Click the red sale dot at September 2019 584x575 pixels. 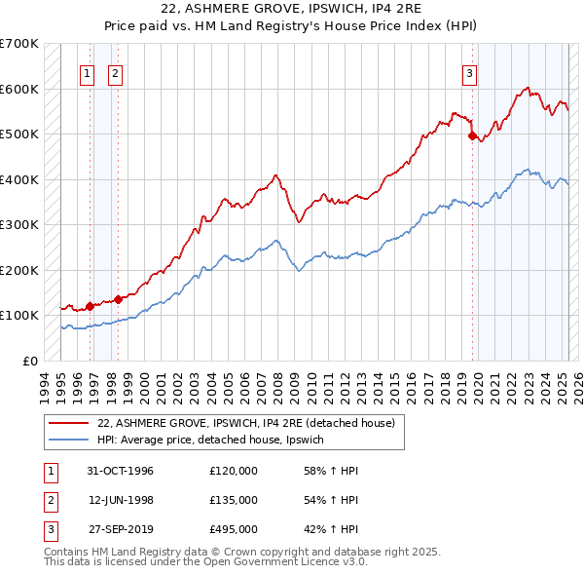pyautogui.click(x=472, y=136)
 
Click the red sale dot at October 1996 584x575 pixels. pyautogui.click(x=90, y=306)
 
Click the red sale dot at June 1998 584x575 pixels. pyautogui.click(x=118, y=299)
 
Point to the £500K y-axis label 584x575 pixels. pyautogui.click(x=18, y=134)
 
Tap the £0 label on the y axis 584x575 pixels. pyautogui.click(x=29, y=361)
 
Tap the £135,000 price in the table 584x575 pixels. pyautogui.click(x=234, y=500)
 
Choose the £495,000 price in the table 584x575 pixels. pyautogui.click(x=234, y=529)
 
